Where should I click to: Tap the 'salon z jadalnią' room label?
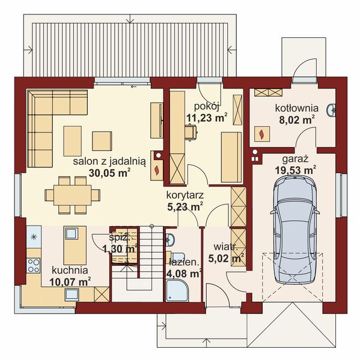pos(109,162)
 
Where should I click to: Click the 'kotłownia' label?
pos(297,108)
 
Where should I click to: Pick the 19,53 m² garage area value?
pos(295,170)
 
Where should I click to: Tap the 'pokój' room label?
pos(206,106)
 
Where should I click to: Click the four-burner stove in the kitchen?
pos(34,265)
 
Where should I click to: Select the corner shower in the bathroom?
pos(177,291)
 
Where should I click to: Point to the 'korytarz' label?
pos(185,195)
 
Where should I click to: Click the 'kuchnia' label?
pos(70,270)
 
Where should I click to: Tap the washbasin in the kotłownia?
pos(331,110)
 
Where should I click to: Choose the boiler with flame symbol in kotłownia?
pos(262,134)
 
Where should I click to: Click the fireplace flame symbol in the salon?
pos(157,170)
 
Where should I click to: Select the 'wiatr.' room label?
pos(225,247)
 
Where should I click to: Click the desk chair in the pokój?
pos(191,132)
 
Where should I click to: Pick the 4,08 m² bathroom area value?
pos(183,274)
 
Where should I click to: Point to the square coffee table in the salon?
pos(102,141)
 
